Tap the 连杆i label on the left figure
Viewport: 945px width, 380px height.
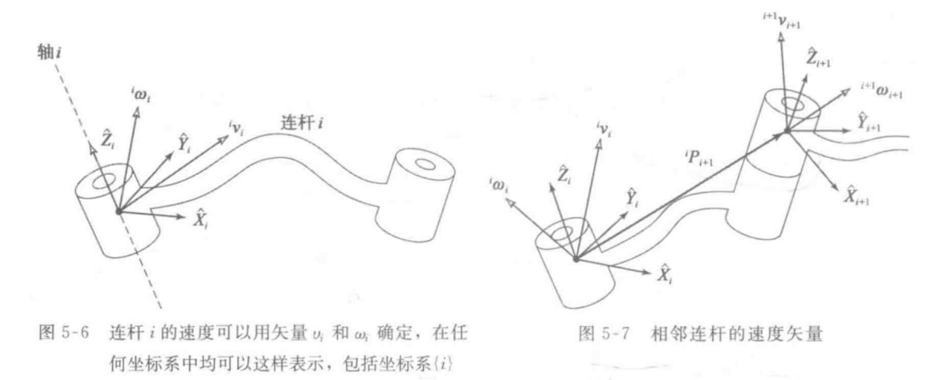pos(301,123)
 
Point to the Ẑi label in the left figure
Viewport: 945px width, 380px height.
pos(107,139)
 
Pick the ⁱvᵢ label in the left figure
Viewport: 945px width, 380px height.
pos(236,128)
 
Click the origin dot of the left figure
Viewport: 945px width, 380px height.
pos(119,211)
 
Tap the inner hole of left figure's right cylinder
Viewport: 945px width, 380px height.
pos(424,164)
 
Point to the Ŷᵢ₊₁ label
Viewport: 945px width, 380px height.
pos(868,123)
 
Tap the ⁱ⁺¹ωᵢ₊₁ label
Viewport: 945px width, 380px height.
pos(881,91)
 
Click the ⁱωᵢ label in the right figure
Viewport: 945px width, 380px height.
pos(499,185)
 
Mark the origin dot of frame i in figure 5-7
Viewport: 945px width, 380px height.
pos(576,259)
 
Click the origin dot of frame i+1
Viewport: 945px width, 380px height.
pos(787,131)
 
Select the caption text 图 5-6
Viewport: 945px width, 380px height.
pos(64,333)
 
